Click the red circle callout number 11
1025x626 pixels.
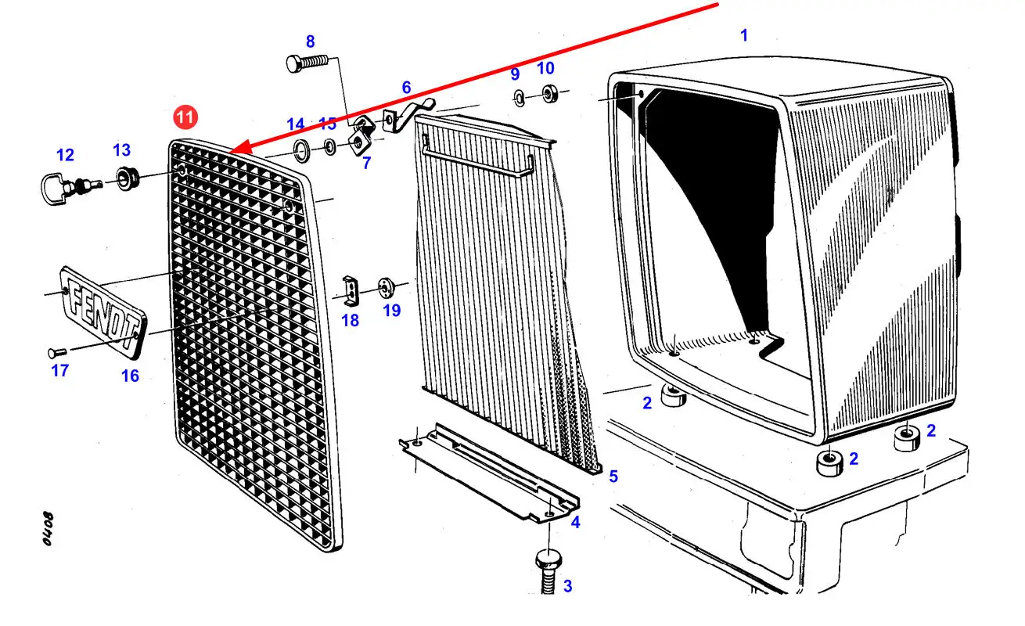[x=185, y=118]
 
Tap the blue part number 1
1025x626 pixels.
[x=744, y=35]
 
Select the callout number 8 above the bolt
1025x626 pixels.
[x=310, y=41]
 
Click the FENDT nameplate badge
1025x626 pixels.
[x=102, y=306]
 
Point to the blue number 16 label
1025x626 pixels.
[x=130, y=376]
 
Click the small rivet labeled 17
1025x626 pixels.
[x=54, y=352]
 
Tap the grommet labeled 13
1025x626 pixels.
[x=125, y=178]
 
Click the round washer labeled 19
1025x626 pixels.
[x=386, y=287]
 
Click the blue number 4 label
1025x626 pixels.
[x=575, y=522]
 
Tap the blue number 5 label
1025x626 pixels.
[x=613, y=476]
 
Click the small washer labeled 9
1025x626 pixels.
[x=519, y=96]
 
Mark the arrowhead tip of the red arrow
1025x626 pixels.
[x=232, y=151]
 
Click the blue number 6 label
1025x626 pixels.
[x=406, y=88]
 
